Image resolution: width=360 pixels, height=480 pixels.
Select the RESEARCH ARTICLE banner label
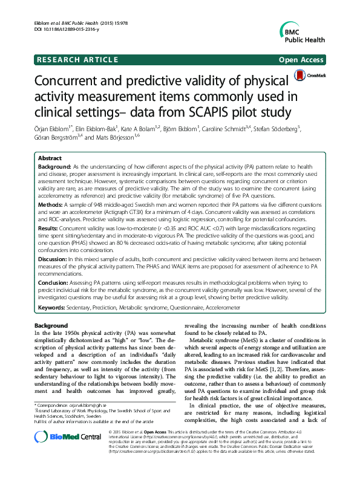coord(77,59)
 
